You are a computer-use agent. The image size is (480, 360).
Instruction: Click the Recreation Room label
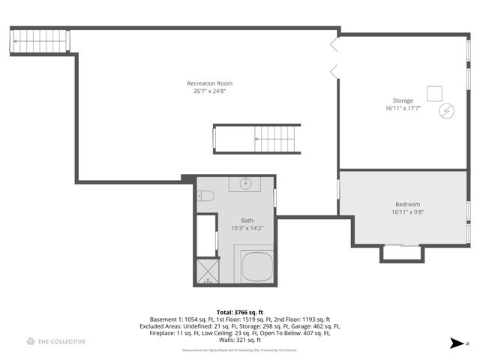(x=209, y=83)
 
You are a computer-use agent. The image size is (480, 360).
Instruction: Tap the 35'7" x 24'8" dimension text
(x=209, y=91)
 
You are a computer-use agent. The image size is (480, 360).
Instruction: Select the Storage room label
(x=403, y=100)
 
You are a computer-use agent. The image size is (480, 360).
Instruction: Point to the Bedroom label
(x=407, y=205)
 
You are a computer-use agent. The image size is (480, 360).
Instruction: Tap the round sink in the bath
(x=245, y=183)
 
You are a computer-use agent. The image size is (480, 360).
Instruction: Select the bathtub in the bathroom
(x=256, y=265)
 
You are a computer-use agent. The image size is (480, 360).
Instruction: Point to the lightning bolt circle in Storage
(x=447, y=110)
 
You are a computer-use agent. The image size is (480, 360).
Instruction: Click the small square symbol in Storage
(x=434, y=93)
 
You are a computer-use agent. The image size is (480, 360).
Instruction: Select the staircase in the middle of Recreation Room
(x=256, y=138)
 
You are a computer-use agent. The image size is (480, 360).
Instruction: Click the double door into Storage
(x=334, y=56)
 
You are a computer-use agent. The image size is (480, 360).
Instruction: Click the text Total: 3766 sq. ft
(x=239, y=312)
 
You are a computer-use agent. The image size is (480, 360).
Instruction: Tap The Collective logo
(x=55, y=341)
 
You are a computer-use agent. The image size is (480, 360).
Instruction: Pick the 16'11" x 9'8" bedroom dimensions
(x=407, y=212)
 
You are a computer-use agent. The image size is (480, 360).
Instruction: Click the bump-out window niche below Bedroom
(x=401, y=253)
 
